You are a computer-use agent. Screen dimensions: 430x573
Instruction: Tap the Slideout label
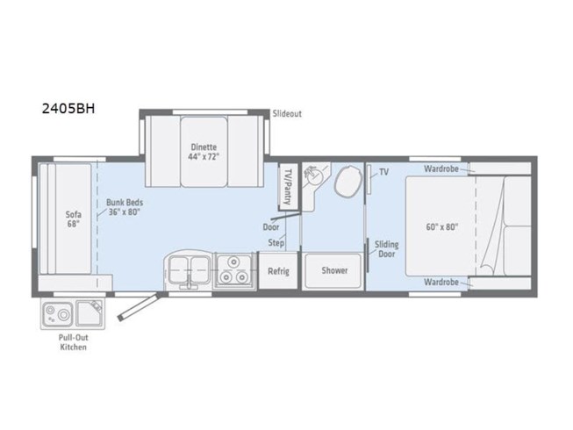pos(287,114)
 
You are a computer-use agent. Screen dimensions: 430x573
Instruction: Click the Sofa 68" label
pos(73,218)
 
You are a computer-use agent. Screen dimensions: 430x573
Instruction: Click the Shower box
pos(333,270)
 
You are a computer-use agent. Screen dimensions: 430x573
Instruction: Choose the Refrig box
pos(278,270)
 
